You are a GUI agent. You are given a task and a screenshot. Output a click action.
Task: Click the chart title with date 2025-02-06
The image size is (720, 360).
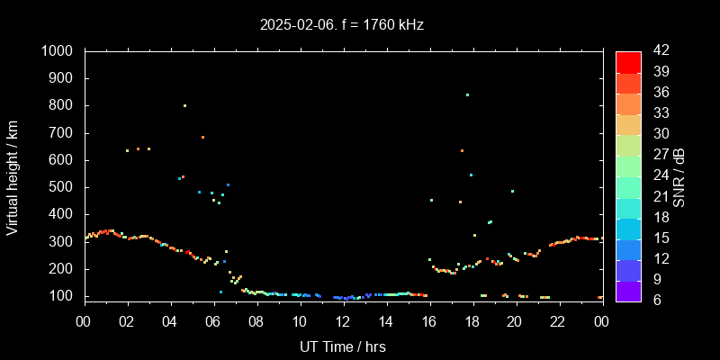click(x=342, y=25)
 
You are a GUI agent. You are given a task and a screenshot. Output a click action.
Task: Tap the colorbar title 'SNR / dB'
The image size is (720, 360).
click(x=679, y=175)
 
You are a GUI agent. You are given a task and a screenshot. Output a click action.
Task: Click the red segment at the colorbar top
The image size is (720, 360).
click(x=628, y=61)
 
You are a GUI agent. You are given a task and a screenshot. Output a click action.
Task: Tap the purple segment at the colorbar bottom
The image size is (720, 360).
click(x=628, y=290)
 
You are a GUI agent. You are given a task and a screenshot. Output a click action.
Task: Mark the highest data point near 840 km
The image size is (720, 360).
click(x=467, y=94)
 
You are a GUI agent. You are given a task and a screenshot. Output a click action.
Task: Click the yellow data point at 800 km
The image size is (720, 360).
click(x=184, y=105)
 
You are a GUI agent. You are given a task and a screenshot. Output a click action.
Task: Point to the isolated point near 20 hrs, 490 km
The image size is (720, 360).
click(x=512, y=191)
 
